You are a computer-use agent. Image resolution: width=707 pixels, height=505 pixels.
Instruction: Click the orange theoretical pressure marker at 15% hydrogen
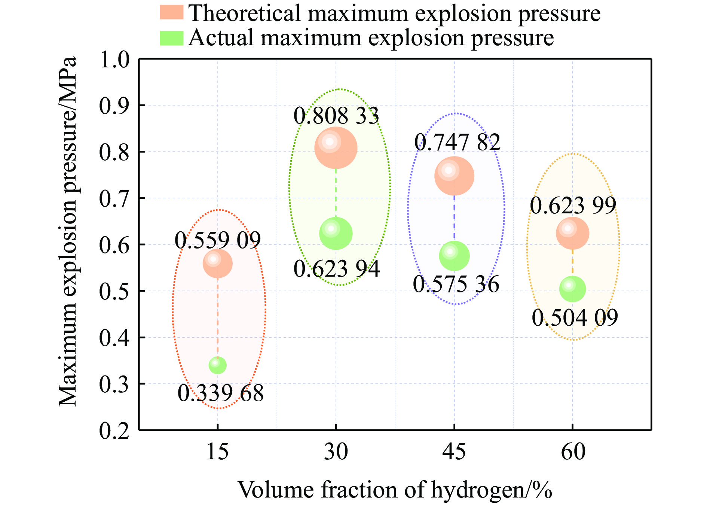point(217,264)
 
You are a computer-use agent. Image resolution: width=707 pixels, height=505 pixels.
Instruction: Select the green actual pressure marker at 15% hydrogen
point(217,365)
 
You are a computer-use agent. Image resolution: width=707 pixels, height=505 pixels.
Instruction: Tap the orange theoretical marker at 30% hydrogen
point(336,148)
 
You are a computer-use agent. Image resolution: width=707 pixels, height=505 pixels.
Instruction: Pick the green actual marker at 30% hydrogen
point(336,233)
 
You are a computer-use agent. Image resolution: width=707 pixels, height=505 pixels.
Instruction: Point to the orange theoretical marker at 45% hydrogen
point(454,176)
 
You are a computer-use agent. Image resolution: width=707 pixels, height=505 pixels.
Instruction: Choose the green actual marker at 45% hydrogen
point(454,256)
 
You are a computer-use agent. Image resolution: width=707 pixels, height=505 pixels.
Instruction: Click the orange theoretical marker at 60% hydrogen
point(572,233)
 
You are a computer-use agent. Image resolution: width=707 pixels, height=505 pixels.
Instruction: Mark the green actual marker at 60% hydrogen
point(572,289)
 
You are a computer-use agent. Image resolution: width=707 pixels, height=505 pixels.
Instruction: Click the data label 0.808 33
point(336,116)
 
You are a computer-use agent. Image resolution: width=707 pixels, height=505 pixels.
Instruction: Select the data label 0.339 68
point(221,393)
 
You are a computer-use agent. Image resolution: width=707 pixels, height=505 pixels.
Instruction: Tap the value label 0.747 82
point(457,142)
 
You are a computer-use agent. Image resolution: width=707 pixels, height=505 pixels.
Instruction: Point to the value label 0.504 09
point(575,318)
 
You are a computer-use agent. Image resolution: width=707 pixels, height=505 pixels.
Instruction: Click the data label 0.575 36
point(456,284)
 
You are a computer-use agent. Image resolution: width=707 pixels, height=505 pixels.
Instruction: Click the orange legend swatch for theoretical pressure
point(171,12)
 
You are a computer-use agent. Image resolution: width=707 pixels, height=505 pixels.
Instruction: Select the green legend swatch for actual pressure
point(171,38)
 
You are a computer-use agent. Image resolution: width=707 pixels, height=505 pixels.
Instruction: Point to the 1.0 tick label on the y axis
point(114,60)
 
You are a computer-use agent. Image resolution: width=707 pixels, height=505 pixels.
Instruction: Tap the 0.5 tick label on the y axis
point(114,292)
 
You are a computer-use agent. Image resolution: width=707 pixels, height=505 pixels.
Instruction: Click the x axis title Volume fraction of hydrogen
point(395,490)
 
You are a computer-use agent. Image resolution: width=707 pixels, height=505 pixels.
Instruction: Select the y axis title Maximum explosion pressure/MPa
point(68,231)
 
